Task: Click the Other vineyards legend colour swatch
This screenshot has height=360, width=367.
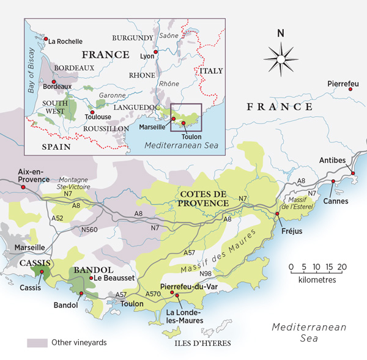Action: click(37, 343)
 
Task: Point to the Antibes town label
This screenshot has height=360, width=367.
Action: click(333, 160)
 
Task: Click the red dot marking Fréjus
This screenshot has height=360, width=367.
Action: click(278, 215)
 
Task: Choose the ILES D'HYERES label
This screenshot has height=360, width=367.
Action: click(202, 343)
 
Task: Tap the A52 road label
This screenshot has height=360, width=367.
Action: click(57, 218)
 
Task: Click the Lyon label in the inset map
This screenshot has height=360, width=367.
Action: click(147, 56)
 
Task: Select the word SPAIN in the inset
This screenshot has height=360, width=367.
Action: click(56, 147)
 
